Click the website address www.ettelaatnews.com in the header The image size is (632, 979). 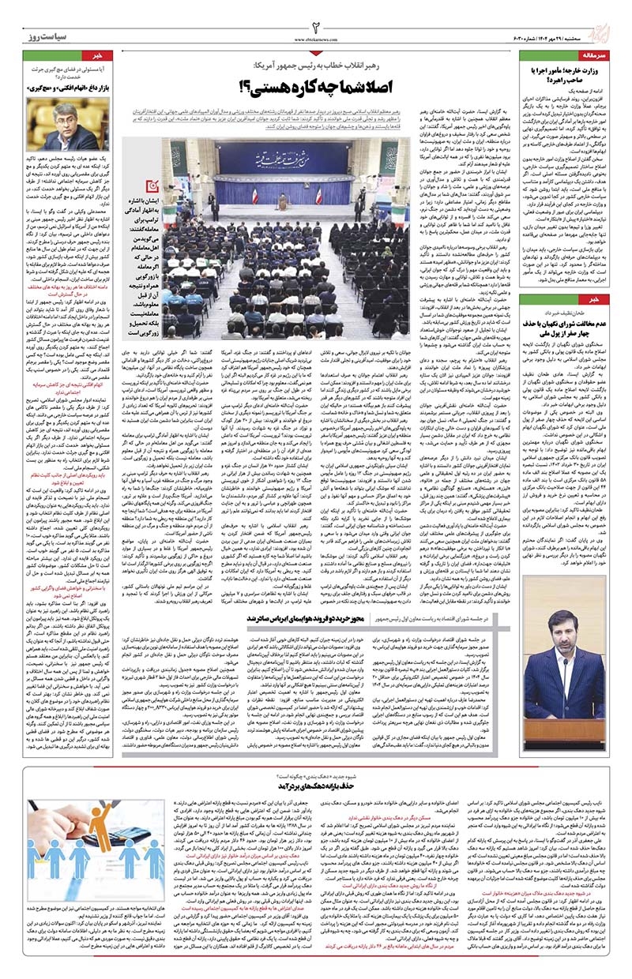[x=315, y=39]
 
